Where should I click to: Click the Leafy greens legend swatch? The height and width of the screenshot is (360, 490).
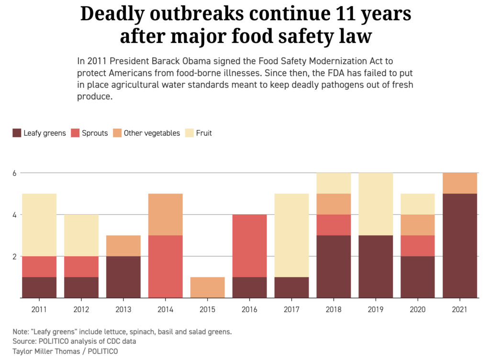tap(17, 133)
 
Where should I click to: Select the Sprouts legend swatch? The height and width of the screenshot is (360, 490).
tap(75, 133)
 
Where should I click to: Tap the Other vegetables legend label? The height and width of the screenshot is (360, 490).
tap(152, 133)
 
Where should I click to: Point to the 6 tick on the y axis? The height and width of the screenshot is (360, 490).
tap(14, 173)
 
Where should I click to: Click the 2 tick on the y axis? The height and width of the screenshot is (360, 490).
tap(14, 256)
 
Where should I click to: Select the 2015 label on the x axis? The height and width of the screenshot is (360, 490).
tap(207, 310)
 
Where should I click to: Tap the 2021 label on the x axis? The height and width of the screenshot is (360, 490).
tap(460, 310)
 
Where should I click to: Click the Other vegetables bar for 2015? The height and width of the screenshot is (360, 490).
tap(207, 287)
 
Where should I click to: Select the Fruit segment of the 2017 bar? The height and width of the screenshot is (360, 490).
tap(291, 235)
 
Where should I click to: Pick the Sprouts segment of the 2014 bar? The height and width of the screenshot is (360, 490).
tap(165, 266)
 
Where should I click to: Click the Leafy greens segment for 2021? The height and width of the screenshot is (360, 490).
tap(460, 246)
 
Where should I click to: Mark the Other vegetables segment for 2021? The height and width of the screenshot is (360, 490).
tap(460, 183)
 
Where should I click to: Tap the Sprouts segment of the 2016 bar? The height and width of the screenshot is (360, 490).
tap(249, 246)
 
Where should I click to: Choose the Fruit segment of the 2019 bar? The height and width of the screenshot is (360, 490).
tap(376, 204)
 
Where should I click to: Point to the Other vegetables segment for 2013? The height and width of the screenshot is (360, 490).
tap(123, 246)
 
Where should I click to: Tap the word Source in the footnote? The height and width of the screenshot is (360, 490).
tap(24, 341)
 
